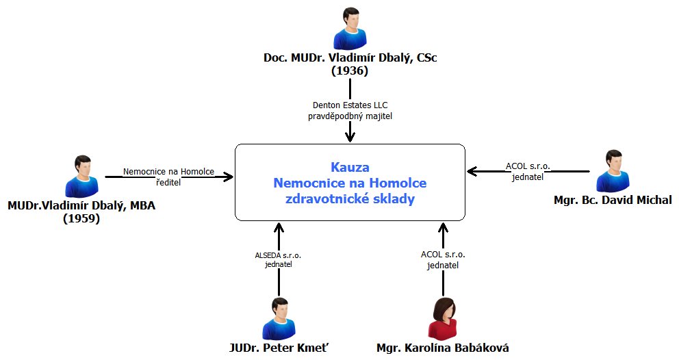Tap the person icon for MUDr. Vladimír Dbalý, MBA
[x=81, y=177]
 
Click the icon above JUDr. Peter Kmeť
[x=279, y=319]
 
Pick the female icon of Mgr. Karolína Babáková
[x=442, y=319]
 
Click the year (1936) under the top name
[x=350, y=70]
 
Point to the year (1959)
[x=81, y=219]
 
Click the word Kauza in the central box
[x=349, y=166]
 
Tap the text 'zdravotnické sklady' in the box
[x=349, y=199]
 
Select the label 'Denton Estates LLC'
[x=349, y=105]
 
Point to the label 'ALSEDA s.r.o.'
[x=278, y=255]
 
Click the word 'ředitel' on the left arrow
[x=168, y=183]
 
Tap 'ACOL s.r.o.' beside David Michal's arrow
[x=528, y=166]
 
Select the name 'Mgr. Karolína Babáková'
[x=442, y=348]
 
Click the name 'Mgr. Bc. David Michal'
[x=613, y=200]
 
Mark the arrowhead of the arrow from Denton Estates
[x=350, y=138]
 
